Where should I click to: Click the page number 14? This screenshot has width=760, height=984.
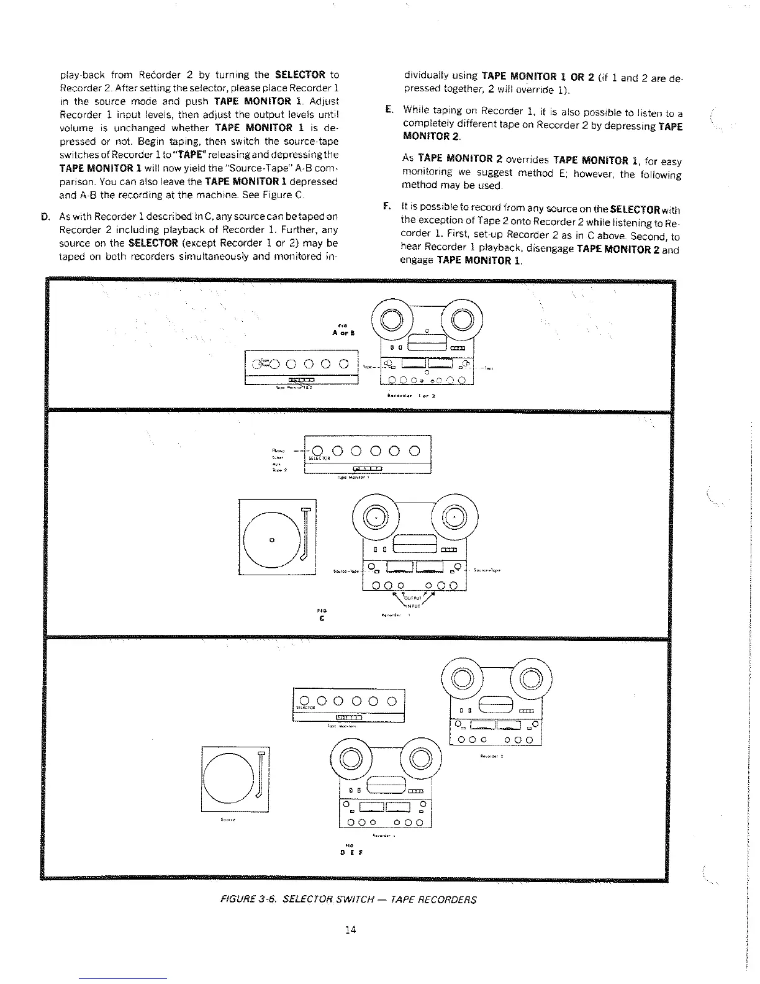[350, 929]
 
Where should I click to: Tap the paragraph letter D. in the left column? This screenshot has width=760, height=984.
[45, 217]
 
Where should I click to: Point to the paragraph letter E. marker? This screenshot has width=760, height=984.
[389, 109]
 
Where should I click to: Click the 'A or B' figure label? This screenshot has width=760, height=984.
[343, 331]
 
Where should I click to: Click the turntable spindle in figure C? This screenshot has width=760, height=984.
[271, 539]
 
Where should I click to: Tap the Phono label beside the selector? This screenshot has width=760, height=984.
[278, 450]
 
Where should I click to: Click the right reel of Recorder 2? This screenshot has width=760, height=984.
[531, 679]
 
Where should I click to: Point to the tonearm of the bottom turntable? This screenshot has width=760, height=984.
[261, 777]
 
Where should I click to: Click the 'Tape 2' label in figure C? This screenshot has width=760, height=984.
[278, 470]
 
